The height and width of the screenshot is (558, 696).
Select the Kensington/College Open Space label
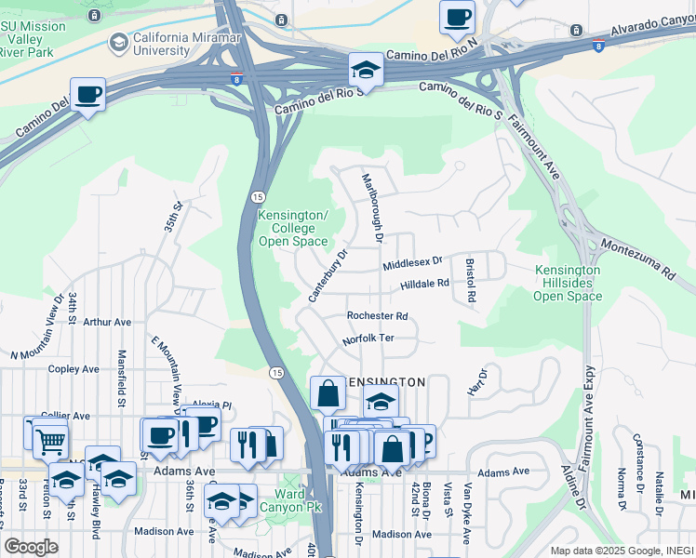[x=292, y=228]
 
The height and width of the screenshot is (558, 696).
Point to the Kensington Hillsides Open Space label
[x=568, y=283]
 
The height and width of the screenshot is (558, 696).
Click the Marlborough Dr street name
[x=372, y=207]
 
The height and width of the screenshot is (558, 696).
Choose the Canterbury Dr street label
[x=328, y=275]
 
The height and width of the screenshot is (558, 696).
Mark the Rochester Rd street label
[x=377, y=316]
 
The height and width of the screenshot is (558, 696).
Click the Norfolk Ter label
[x=368, y=339]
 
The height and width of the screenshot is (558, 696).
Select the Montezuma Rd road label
[x=636, y=259]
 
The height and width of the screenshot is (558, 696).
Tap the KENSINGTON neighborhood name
[x=385, y=382]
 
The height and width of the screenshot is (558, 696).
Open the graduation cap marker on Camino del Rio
[x=366, y=72]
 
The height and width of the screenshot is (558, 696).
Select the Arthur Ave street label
[x=107, y=322]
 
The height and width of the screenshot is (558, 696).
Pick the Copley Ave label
[x=74, y=369]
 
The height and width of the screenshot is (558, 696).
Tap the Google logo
[x=31, y=547]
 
